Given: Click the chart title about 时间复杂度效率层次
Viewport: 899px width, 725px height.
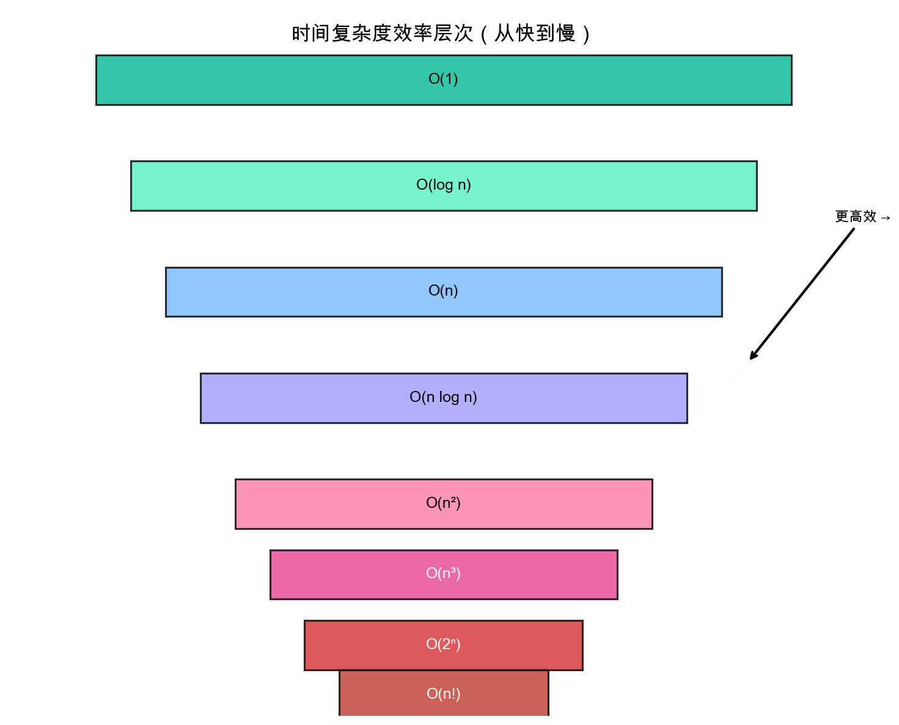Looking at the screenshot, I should [441, 34].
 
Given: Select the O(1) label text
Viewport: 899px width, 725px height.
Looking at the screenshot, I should [443, 79].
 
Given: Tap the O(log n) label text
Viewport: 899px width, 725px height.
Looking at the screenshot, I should [444, 185].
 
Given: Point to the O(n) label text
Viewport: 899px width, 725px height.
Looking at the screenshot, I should [443, 291].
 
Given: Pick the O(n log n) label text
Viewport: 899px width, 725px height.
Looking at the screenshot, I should [443, 397].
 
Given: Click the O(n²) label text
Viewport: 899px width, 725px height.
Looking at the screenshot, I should [443, 503].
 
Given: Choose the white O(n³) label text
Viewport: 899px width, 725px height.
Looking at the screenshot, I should [443, 573].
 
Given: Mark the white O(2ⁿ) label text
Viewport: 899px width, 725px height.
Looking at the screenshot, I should [443, 644].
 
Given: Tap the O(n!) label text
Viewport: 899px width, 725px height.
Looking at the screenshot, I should [443, 694].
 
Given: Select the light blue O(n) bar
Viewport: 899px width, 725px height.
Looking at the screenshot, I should [275, 292].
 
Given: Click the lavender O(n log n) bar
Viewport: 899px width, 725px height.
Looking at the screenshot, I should [293, 398].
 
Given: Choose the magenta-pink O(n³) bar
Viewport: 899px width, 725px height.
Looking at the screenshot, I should [336, 574].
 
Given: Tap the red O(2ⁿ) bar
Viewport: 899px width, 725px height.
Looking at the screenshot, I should [354, 645].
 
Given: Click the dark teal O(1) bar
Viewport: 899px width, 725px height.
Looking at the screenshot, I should [244, 80].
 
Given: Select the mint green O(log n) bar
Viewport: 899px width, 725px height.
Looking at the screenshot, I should [257, 186].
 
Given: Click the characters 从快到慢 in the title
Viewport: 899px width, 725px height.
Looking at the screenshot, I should [535, 34].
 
